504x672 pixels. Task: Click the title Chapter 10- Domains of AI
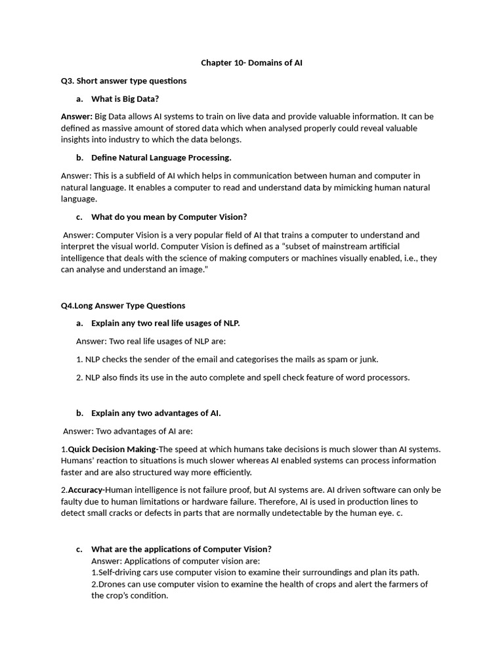click(251, 63)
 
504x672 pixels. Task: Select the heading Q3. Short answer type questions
click(123, 81)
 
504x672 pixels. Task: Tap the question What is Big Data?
click(125, 98)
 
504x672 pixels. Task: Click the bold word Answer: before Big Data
click(77, 116)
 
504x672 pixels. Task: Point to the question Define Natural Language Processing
click(161, 157)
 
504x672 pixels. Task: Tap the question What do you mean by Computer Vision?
click(169, 217)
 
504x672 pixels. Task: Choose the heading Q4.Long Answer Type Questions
click(123, 305)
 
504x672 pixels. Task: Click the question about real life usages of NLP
click(165, 323)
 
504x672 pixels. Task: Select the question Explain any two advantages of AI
click(156, 413)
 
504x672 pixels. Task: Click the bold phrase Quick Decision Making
click(112, 449)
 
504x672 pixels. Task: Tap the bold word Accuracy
click(86, 490)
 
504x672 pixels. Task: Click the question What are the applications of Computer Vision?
click(181, 549)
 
